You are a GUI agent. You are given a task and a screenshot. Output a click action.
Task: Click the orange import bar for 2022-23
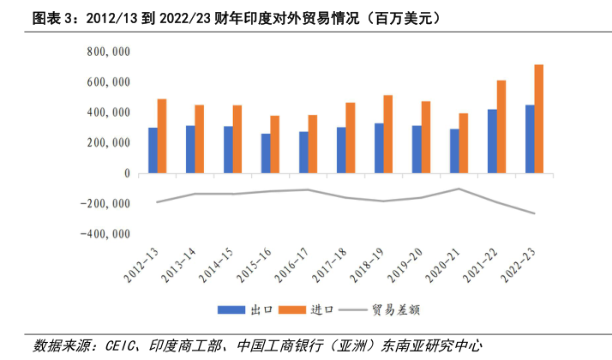tap(539, 119)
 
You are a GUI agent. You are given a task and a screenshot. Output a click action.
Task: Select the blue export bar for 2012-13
tap(153, 151)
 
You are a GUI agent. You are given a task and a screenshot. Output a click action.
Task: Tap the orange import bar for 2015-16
tap(275, 145)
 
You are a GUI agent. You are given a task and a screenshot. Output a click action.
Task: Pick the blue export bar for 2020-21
tap(454, 152)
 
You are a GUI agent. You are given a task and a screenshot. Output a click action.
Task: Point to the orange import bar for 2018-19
tap(388, 135)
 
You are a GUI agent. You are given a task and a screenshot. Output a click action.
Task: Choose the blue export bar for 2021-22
tap(492, 141)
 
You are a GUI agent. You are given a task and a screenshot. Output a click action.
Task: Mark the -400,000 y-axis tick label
tap(105, 234)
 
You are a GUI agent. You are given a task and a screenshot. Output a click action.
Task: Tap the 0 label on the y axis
tap(127, 173)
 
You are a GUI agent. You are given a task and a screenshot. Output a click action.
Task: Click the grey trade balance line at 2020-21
tap(459, 189)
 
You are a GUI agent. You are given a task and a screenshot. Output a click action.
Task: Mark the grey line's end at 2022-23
tap(535, 213)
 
